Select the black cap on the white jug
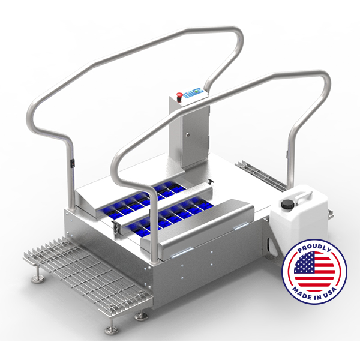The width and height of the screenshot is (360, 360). coord(287,203)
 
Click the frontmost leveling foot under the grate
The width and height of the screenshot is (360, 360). coord(112,329)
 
